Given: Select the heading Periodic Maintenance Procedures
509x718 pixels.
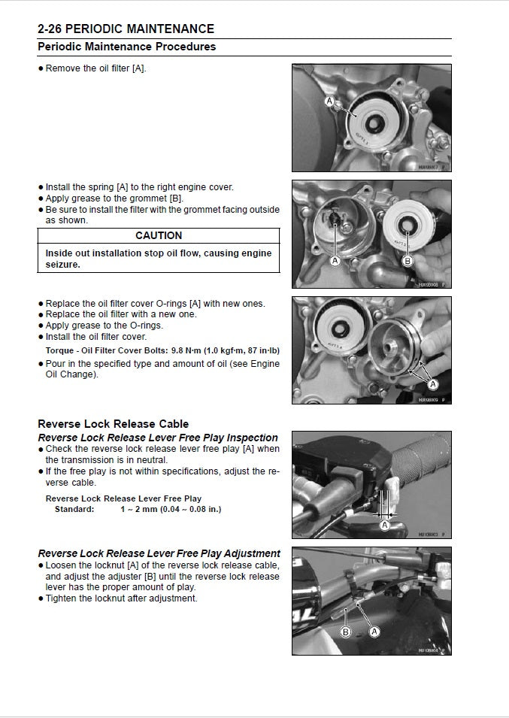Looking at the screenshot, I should [126, 47].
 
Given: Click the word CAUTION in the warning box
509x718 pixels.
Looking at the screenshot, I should [159, 235].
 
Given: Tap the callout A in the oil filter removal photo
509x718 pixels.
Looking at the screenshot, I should [329, 101].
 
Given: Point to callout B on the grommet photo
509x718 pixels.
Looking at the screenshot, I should [408, 261].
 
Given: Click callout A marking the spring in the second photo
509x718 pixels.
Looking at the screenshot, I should [335, 260].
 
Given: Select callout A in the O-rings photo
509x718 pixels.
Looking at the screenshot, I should [432, 383].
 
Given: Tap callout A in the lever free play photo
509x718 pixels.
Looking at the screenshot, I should [385, 525].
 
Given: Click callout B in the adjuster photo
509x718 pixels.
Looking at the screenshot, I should [346, 632].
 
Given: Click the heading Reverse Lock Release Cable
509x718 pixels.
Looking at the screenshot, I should [113, 424].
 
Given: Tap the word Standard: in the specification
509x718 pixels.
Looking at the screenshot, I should [74, 509].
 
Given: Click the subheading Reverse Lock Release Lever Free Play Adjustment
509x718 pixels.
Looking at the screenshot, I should [159, 553].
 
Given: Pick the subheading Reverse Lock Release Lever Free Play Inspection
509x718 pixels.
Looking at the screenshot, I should [158, 438].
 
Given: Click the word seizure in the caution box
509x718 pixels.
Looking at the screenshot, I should [63, 265].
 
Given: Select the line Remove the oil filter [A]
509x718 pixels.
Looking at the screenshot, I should [95, 68].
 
